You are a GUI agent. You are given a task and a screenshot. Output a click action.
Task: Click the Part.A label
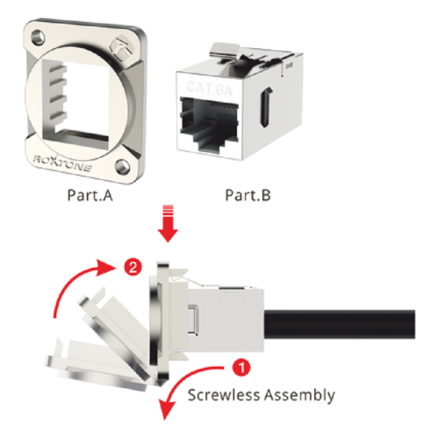coord(90,195)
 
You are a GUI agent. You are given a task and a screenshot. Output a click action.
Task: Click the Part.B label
coord(248,195)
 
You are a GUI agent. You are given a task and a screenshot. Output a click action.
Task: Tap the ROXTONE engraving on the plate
coord(62,163)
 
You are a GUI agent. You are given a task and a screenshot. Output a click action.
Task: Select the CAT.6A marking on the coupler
coord(210,89)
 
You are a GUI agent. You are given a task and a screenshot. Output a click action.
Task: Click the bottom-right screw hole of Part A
coord(121,166)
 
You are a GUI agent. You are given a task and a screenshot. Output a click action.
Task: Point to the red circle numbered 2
coord(133,267)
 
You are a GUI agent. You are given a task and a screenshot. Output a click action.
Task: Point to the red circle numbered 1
coord(241,367)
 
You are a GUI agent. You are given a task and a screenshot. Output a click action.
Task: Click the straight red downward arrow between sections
coord(168,224)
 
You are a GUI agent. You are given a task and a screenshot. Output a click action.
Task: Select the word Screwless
coord(224,395)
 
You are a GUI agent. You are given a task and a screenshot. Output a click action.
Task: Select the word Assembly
coord(299,396)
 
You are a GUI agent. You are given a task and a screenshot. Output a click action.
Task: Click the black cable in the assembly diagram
coord(340,324)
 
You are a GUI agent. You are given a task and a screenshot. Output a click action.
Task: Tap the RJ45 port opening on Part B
coord(210,124)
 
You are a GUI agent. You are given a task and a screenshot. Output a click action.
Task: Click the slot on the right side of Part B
coord(267,108)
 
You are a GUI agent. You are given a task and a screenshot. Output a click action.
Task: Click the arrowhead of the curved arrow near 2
coord(106,268)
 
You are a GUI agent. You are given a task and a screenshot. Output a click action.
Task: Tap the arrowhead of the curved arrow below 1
coord(168,411)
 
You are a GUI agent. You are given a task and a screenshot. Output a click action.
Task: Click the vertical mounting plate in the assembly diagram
coord(161,323)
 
